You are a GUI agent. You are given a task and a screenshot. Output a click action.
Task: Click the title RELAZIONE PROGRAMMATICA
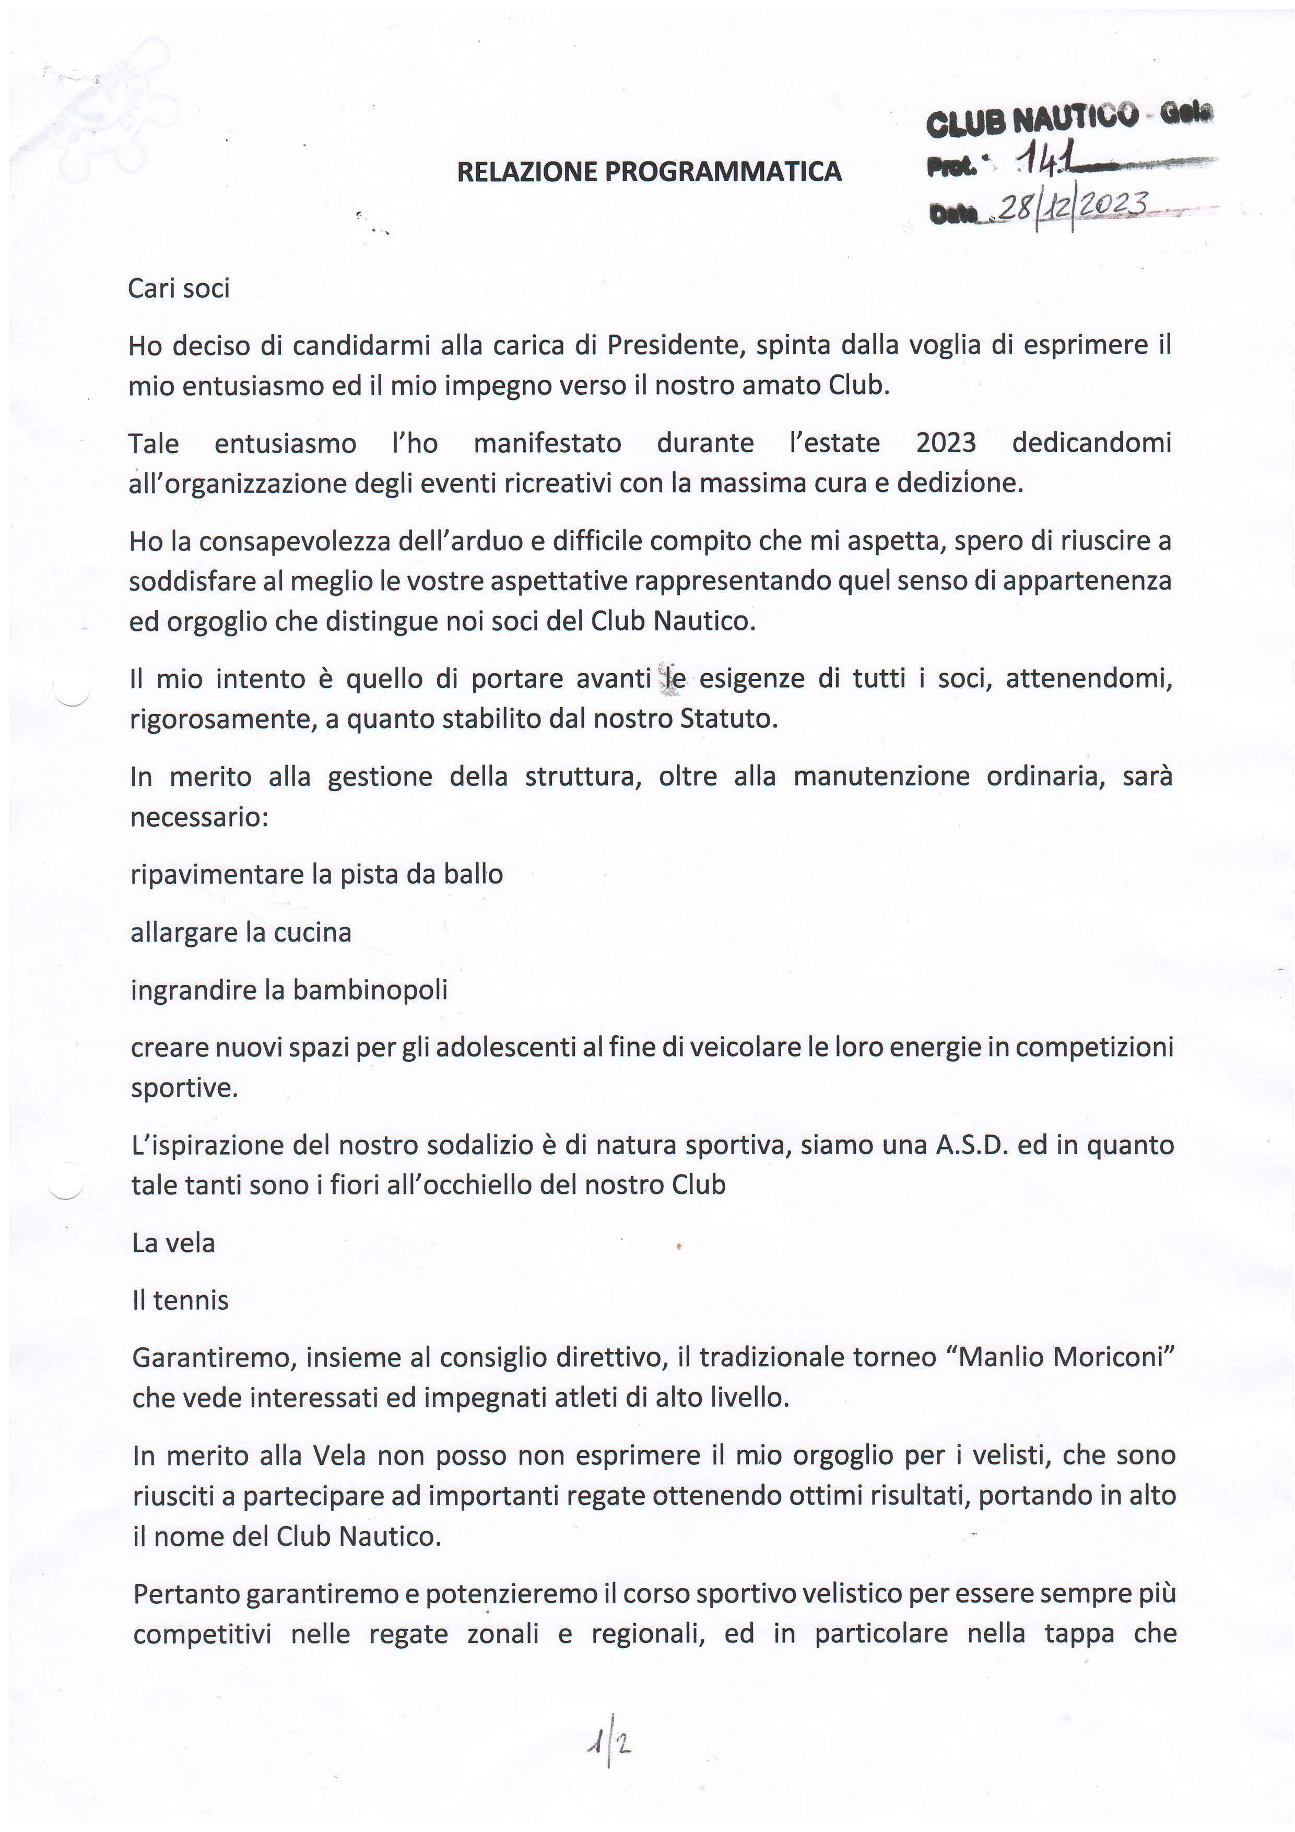click(649, 171)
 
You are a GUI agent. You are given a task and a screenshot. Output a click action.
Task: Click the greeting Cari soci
click(179, 288)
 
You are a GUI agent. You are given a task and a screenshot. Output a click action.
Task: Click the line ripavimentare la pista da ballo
click(317, 875)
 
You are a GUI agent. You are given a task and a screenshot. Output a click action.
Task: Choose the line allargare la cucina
click(241, 932)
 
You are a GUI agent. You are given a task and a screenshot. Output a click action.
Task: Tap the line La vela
click(174, 1243)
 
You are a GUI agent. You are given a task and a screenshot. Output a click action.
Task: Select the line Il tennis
click(180, 1300)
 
